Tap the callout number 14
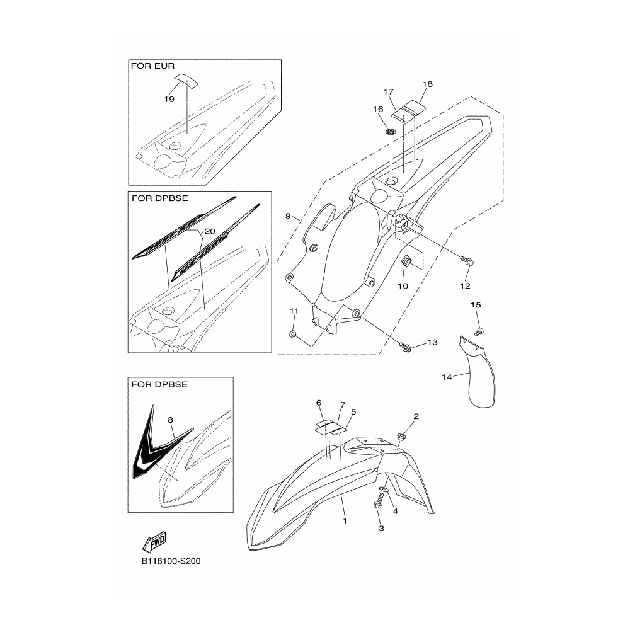pos(447,377)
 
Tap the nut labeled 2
pos(401,436)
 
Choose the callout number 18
pos(428,84)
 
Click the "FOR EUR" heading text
pos(152,66)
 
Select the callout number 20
pos(210,230)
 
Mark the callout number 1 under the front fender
pos(345,521)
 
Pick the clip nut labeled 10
pos(406,261)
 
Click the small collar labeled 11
pos(293,332)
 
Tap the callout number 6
pos(319,403)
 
